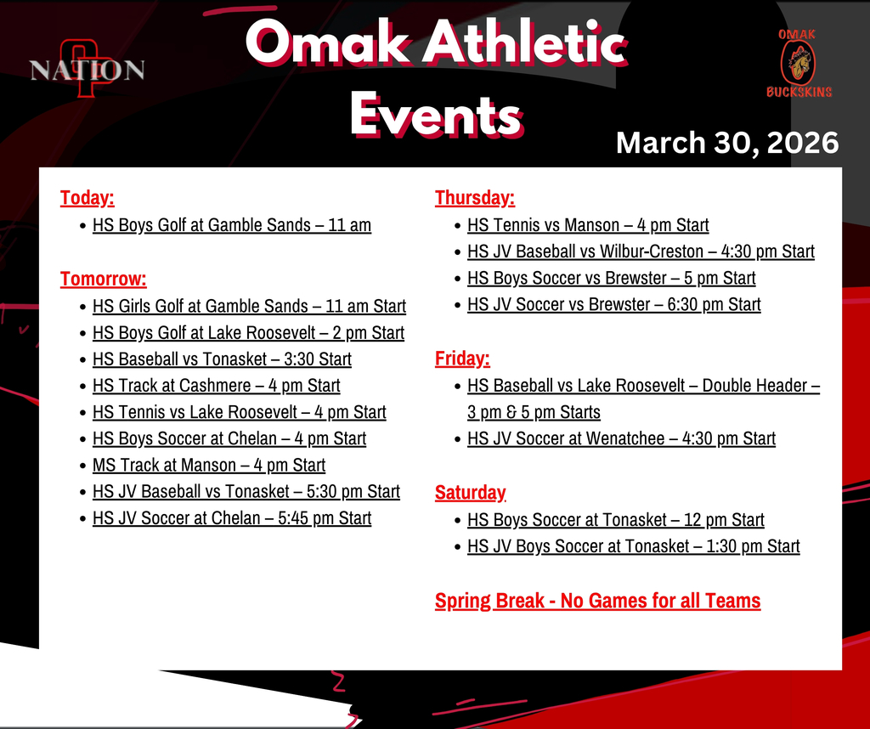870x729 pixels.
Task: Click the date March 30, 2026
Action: coord(727,143)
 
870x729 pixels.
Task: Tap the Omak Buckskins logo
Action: coord(799,63)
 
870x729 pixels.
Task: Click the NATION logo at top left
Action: coord(87,69)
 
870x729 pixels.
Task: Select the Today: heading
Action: coord(87,198)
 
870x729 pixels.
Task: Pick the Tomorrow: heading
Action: coord(103,279)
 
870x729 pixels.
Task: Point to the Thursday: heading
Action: coord(474,198)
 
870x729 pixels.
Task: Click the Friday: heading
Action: coord(462,359)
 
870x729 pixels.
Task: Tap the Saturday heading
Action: coord(470,492)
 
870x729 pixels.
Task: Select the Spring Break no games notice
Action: coord(597,601)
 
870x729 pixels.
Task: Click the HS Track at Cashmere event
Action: coord(216,386)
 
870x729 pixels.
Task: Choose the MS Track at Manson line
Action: coord(208,465)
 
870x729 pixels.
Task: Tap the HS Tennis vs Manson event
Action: coord(587,225)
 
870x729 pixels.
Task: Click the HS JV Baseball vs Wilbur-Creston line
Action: coord(641,251)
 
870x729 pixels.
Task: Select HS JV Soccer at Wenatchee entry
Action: coord(621,438)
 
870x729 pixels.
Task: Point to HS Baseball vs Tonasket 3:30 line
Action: coord(222,359)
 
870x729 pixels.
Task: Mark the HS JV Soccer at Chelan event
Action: coord(231,517)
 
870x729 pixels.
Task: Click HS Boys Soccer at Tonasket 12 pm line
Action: coord(615,520)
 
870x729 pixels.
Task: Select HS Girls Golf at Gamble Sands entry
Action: coord(249,306)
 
